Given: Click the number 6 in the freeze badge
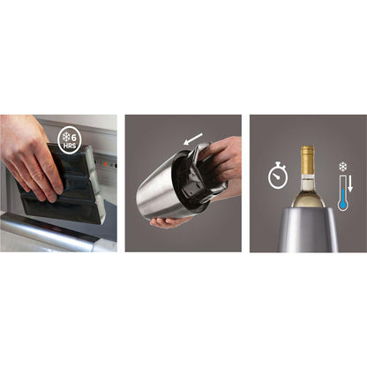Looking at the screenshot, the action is click(73, 137).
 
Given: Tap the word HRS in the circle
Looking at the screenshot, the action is click(70, 146).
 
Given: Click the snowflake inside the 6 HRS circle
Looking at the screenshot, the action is click(66, 137).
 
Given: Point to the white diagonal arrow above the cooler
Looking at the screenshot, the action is click(193, 139).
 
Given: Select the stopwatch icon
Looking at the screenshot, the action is click(278, 176).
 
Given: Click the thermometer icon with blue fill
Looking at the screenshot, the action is click(342, 193).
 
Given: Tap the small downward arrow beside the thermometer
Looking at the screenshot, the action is click(350, 184).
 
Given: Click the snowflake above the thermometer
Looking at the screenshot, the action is click(342, 167).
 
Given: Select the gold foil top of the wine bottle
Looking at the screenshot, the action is click(308, 160).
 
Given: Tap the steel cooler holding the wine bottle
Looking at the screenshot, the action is click(308, 229).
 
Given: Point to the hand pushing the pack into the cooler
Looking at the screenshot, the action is click(221, 161).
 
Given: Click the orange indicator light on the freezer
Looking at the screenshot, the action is click(105, 164).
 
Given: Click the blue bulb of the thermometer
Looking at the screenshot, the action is click(342, 206).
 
